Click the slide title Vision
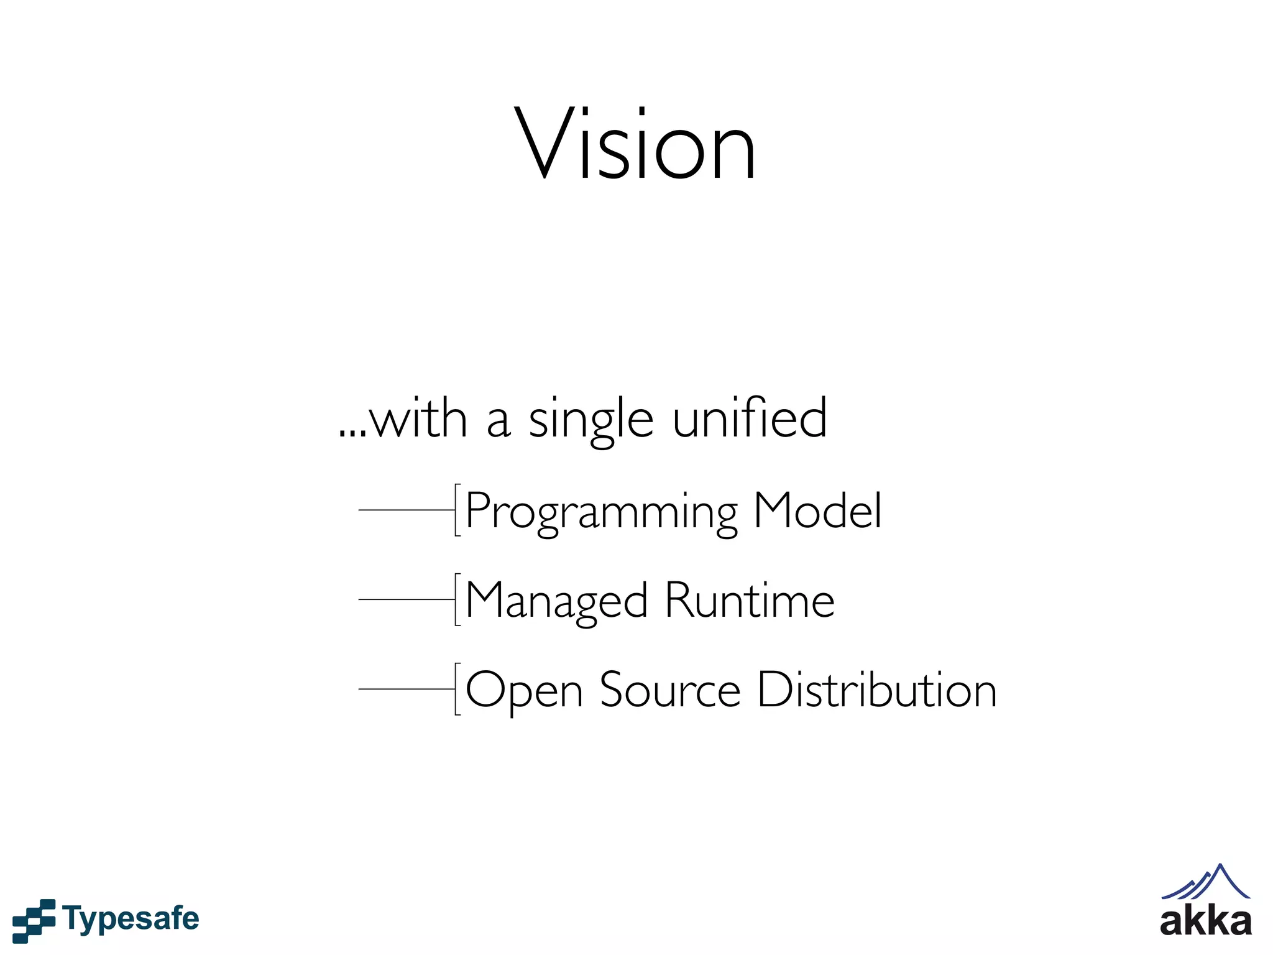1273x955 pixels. pyautogui.click(x=635, y=144)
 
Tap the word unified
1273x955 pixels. pyautogui.click(x=750, y=418)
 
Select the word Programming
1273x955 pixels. pyautogui.click(x=602, y=512)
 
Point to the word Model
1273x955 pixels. pyautogui.click(x=817, y=510)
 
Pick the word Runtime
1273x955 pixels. pyautogui.click(x=750, y=601)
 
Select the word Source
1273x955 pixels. pyautogui.click(x=669, y=690)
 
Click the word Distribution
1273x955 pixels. pyautogui.click(x=877, y=690)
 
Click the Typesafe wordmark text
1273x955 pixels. pyautogui.click(x=131, y=919)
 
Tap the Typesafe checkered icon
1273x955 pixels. pyautogui.click(x=34, y=920)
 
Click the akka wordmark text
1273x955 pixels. pyautogui.click(x=1205, y=922)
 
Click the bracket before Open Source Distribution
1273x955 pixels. pyautogui.click(x=457, y=690)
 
